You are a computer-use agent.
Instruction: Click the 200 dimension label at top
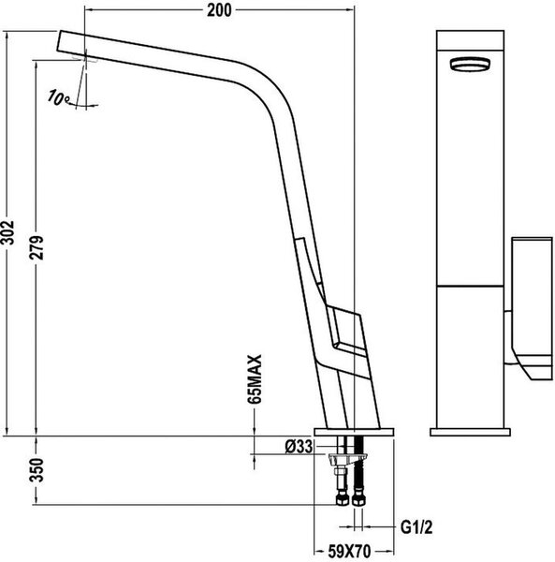[x=219, y=10]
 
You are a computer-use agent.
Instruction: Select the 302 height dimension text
[x=7, y=232]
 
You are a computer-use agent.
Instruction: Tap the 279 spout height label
[x=37, y=247]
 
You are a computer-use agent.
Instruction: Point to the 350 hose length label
[x=37, y=470]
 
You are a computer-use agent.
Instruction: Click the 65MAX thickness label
[x=255, y=379]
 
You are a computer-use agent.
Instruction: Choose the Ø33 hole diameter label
[x=299, y=447]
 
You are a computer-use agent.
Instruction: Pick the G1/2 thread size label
[x=416, y=527]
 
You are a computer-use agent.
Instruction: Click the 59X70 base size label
[x=349, y=552]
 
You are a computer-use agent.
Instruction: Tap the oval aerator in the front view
[x=470, y=65]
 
